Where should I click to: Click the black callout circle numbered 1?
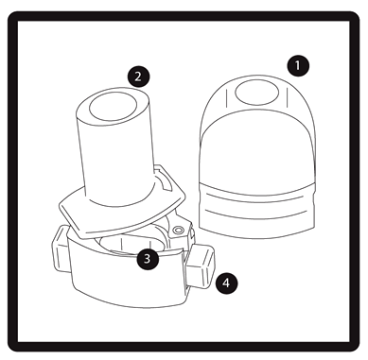coord(298,65)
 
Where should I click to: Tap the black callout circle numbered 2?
coord(138,77)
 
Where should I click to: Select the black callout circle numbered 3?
coord(148,258)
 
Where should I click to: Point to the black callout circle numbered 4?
coord(226,283)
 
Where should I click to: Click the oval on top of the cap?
coord(257,93)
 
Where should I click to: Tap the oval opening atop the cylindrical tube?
coord(113,107)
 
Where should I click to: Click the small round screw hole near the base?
coord(178,230)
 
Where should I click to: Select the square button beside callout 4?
coord(200,266)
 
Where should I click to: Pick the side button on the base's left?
coord(60,249)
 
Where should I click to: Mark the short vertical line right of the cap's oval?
coord(287,97)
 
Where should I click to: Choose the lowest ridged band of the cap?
coord(257,224)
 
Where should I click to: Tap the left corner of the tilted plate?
coord(61,207)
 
